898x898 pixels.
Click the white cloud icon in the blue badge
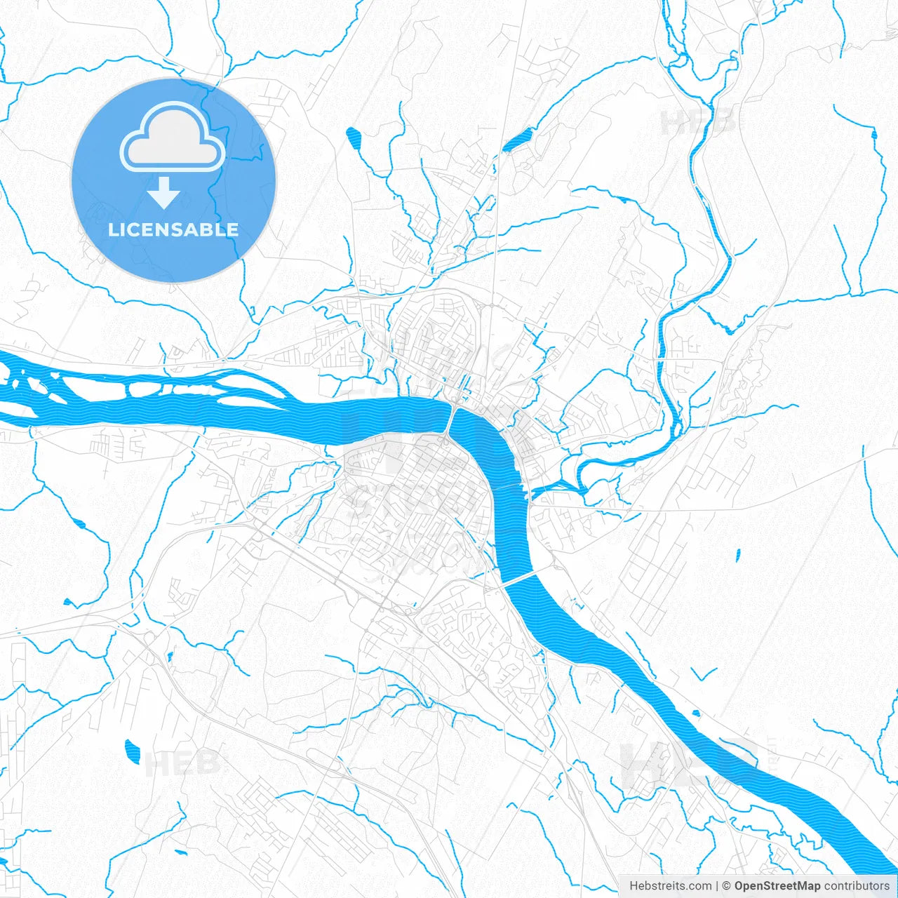[x=173, y=138]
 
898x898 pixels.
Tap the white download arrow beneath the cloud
[x=164, y=193]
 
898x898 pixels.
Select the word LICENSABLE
[x=173, y=229]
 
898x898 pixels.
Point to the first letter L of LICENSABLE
[x=113, y=229]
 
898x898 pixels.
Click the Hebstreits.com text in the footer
[x=670, y=886]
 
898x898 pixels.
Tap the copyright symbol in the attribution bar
[x=727, y=886]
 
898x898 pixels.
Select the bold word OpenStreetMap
[x=777, y=886]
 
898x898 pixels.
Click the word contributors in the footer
[x=857, y=886]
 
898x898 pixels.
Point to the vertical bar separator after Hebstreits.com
[x=717, y=886]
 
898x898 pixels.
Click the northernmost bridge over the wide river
[x=450, y=420]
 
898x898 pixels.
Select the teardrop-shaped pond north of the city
[x=353, y=138]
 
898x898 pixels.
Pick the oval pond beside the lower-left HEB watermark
[x=131, y=751]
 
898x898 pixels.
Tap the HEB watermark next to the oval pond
[x=182, y=763]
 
